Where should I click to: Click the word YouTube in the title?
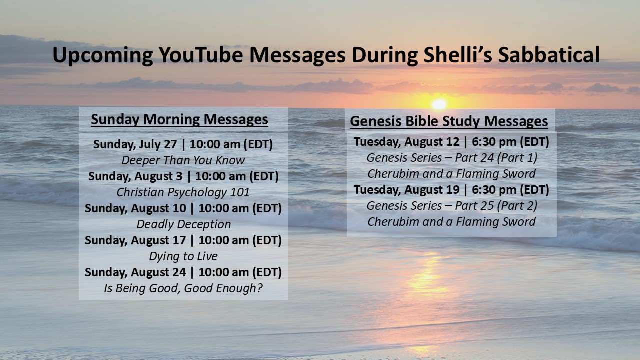pos(201,55)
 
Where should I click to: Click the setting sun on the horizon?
pos(439,104)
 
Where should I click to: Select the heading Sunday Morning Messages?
pos(179,119)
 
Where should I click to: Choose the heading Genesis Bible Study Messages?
pos(449,121)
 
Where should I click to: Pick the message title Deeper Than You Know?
pos(183,160)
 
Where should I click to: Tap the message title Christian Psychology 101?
pos(183,192)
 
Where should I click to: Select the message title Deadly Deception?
pos(183,224)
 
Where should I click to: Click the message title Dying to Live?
pos(183,256)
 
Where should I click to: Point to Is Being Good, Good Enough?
pos(183,288)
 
